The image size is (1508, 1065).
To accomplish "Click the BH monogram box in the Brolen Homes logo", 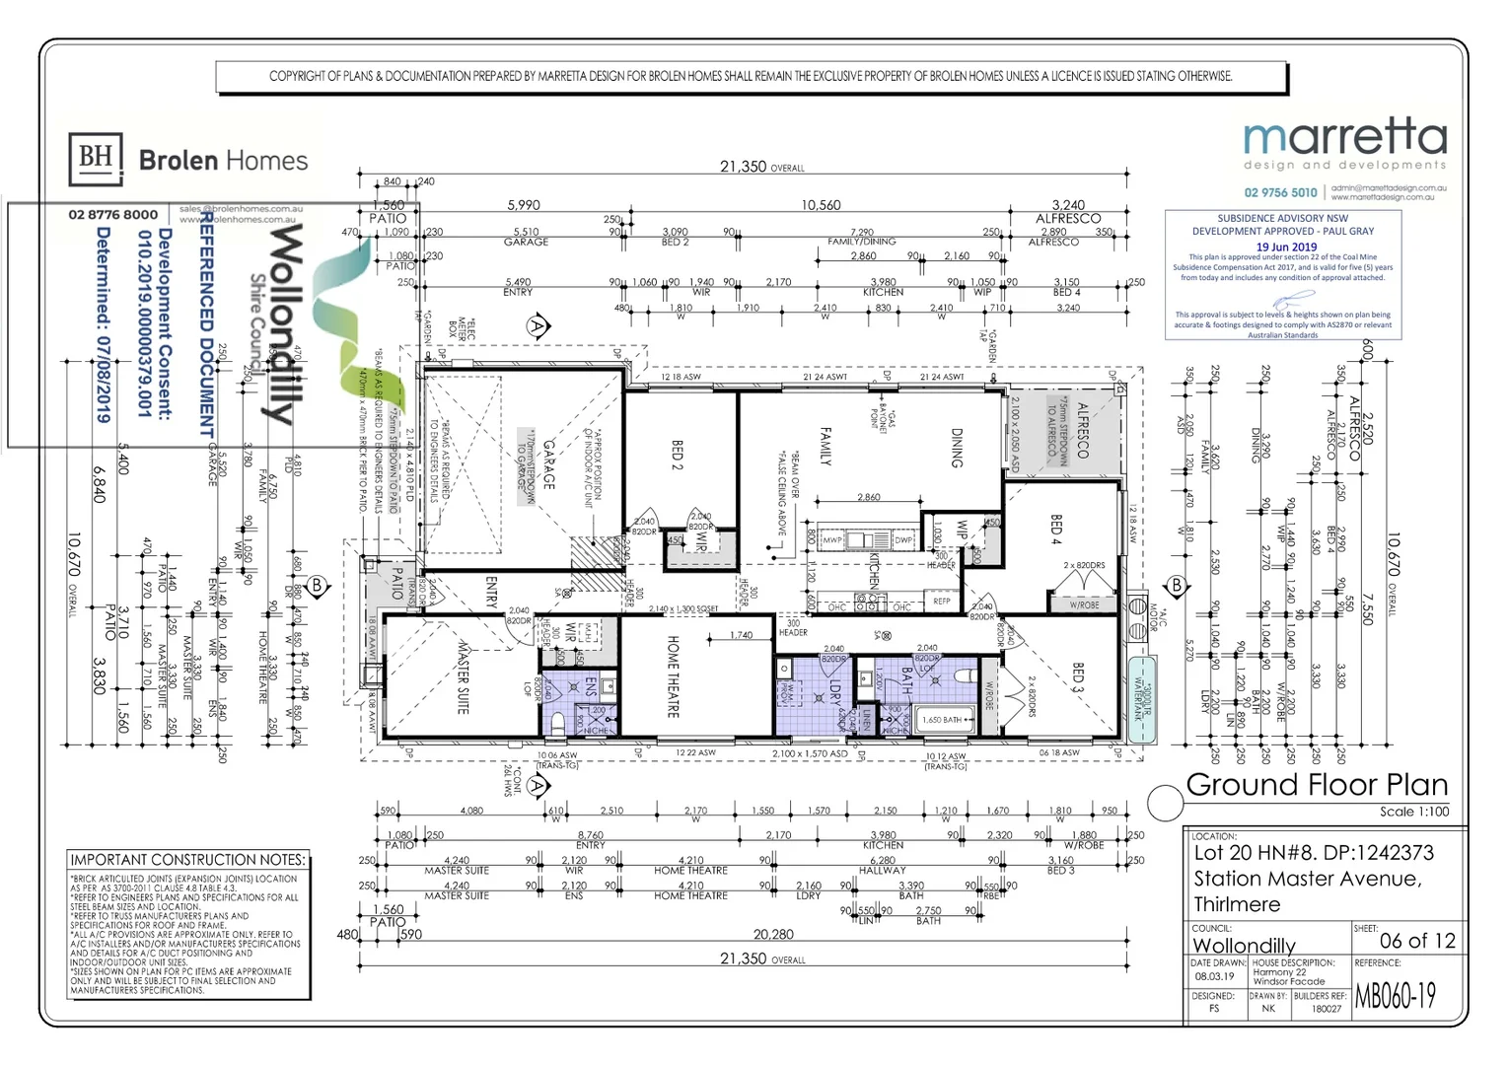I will pyautogui.click(x=96, y=159).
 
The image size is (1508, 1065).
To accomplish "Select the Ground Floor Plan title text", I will pyautogui.click(x=1317, y=785).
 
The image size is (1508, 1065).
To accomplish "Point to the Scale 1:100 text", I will pyautogui.click(x=1413, y=812).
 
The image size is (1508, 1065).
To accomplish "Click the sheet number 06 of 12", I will pyautogui.click(x=1417, y=941).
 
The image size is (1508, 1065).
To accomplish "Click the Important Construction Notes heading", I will pyautogui.click(x=187, y=860).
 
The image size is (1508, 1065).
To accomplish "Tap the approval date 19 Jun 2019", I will pyautogui.click(x=1286, y=248).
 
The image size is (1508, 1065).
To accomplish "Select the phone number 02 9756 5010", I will pyautogui.click(x=1280, y=193).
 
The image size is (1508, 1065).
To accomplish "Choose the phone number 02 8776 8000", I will pyautogui.click(x=113, y=215).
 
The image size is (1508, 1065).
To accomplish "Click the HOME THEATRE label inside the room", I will pyautogui.click(x=674, y=676).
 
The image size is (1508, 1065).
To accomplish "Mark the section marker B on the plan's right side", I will pyautogui.click(x=1176, y=586).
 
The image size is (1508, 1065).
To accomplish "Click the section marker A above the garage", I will pyautogui.click(x=537, y=325).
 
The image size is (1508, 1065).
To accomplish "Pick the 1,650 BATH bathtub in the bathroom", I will pyautogui.click(x=942, y=720).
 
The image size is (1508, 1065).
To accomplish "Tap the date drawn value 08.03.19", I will pyautogui.click(x=1212, y=976).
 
